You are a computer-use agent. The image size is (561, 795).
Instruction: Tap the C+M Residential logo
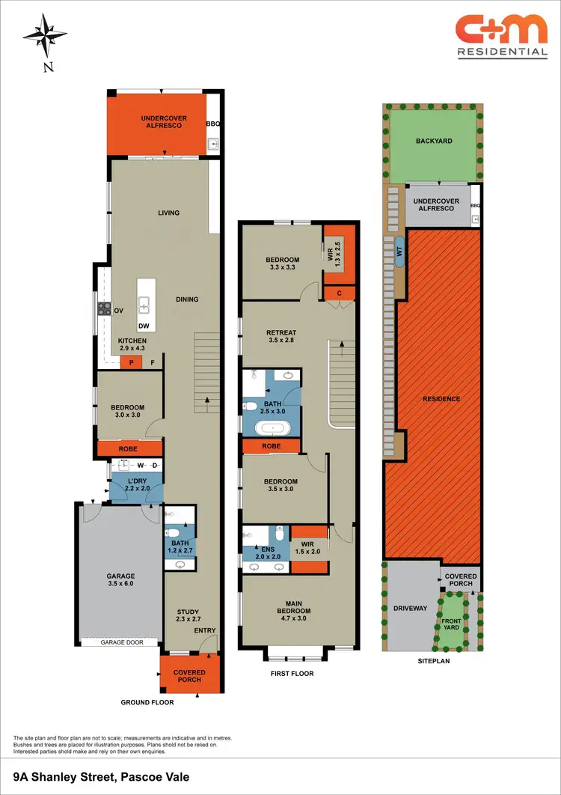502,36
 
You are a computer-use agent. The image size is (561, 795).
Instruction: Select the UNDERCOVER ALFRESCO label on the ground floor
164,123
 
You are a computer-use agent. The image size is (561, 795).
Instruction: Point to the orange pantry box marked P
132,363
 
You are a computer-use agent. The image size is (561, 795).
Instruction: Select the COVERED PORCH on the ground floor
190,676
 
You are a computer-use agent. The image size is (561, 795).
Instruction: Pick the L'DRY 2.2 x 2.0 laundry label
135,484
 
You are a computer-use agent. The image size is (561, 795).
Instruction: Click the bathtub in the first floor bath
272,429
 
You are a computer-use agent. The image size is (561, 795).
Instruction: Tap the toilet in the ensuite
279,534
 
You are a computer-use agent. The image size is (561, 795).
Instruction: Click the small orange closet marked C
339,293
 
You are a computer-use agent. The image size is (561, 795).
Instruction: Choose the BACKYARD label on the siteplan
434,141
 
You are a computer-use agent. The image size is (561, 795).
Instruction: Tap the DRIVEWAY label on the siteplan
409,609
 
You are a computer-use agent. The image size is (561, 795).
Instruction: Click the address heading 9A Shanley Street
101,777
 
